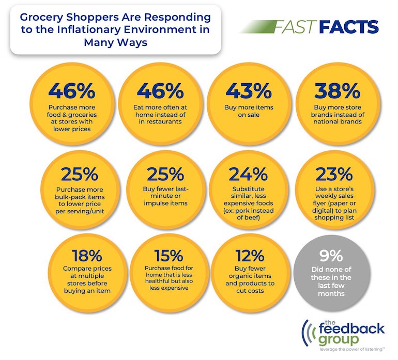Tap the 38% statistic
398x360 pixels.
click(338, 91)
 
